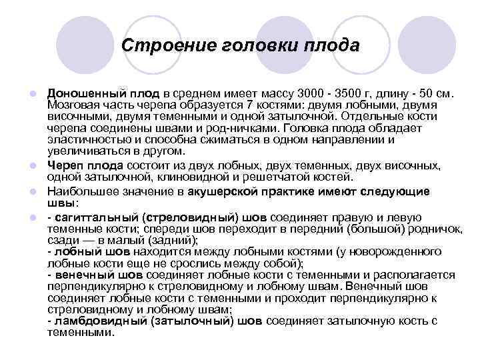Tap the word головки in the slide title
(x=251, y=46)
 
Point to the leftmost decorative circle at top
(x=83, y=45)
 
